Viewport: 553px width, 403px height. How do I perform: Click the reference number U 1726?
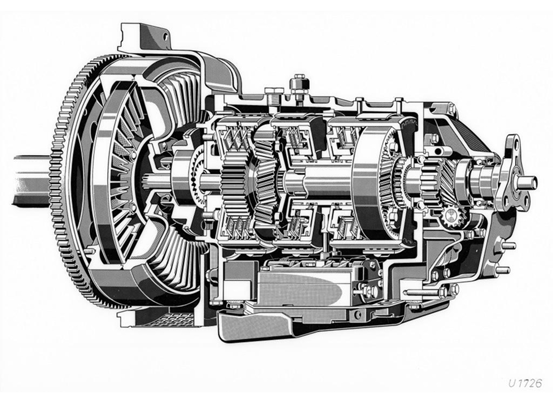(x=525, y=383)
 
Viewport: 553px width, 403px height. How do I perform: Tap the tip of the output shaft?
(x=536, y=182)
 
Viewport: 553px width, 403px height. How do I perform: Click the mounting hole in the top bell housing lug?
(x=165, y=36)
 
